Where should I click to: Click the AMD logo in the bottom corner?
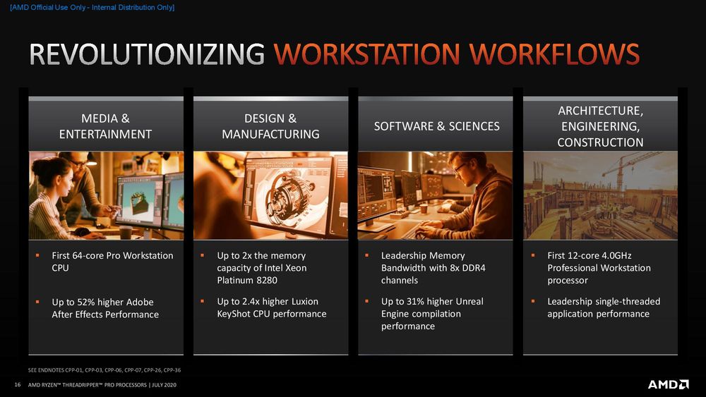tap(668, 384)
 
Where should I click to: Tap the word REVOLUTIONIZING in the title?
tap(147, 54)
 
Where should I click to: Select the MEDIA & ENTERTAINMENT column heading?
tap(105, 126)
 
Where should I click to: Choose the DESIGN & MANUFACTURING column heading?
tap(270, 126)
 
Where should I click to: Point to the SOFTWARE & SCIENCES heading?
tap(437, 126)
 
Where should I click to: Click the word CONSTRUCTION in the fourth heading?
tap(600, 142)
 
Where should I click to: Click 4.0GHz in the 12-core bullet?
tap(616, 255)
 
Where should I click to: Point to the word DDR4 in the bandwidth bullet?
tap(474, 268)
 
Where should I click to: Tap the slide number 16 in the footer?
tap(18, 385)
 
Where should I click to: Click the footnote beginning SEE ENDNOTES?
tap(104, 370)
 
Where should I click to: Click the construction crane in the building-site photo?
tap(630, 169)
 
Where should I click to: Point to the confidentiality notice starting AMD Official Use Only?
tap(92, 8)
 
